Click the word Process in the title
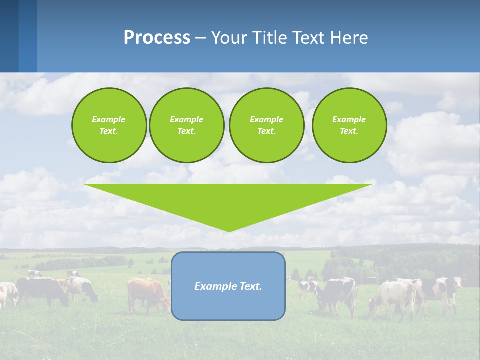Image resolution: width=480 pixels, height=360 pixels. point(157,38)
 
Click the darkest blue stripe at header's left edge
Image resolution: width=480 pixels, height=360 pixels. point(9,36)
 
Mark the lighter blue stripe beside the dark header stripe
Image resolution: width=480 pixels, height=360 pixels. point(28,36)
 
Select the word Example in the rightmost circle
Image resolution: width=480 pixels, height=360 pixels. point(349,119)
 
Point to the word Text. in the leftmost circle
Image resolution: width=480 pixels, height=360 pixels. point(109,131)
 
